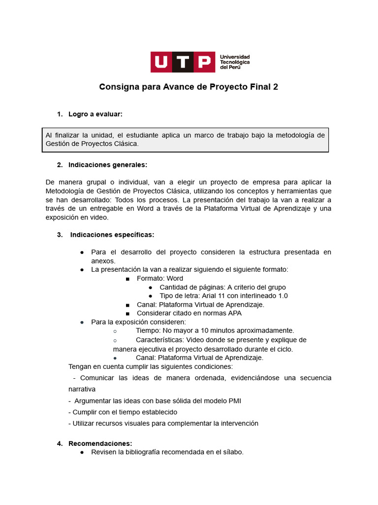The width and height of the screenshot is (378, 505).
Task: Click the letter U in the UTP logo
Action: [x=161, y=62]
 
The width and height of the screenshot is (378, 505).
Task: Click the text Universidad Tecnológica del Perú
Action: [x=234, y=62]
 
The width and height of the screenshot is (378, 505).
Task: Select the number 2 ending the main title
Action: [x=276, y=87]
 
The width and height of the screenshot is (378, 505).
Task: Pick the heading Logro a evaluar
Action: [x=95, y=114]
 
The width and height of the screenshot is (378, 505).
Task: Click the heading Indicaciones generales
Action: [x=108, y=165]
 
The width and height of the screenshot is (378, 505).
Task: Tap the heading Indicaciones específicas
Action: [x=112, y=235]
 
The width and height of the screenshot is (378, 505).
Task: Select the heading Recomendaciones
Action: [x=100, y=443]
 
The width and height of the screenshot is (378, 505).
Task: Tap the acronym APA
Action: [x=234, y=313]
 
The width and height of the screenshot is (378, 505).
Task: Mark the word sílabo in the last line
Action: [x=232, y=452]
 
